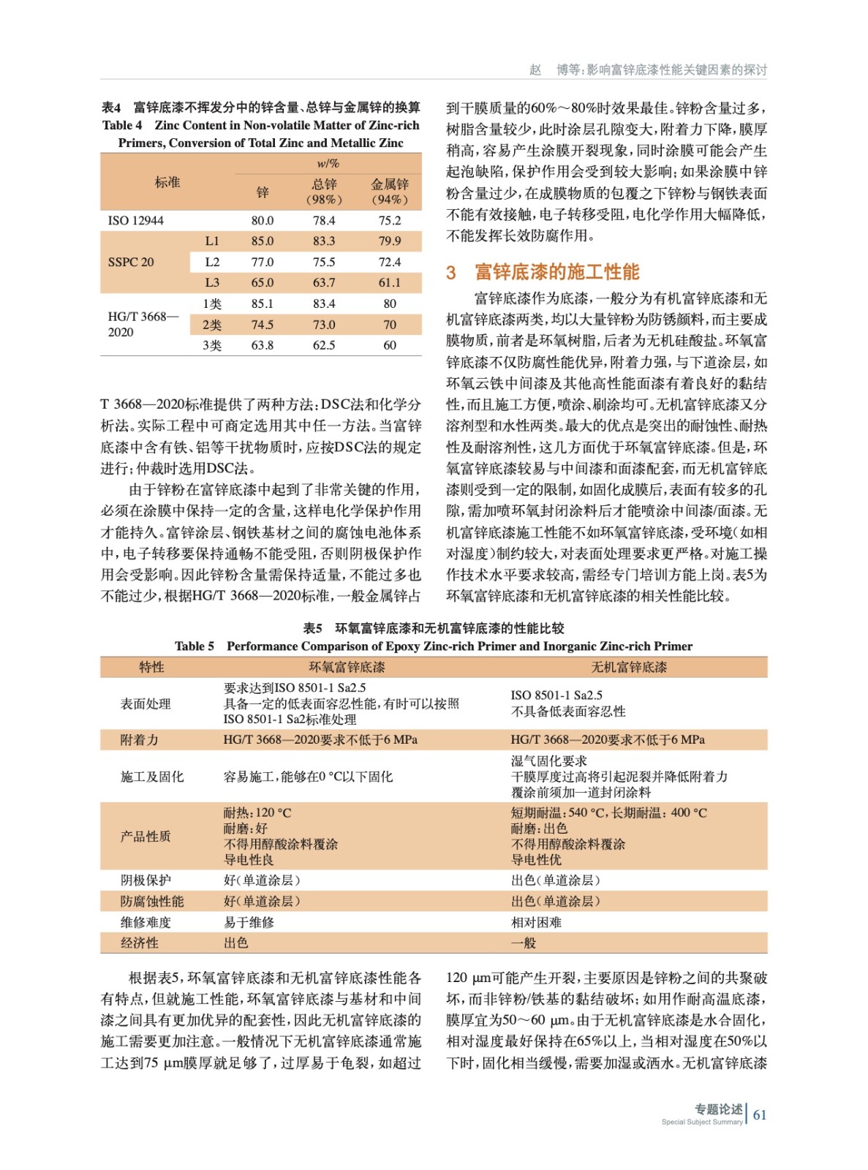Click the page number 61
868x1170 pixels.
760,1114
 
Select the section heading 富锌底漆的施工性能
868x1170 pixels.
556,272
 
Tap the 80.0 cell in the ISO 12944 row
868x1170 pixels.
263,220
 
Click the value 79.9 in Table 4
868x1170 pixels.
389,241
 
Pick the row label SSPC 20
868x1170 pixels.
131,262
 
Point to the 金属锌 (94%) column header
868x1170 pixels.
389,191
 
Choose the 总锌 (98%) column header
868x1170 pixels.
324,191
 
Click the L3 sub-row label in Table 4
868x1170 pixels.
212,282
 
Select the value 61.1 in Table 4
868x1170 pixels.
389,282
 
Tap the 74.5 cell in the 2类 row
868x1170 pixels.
263,325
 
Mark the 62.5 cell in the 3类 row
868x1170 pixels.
324,345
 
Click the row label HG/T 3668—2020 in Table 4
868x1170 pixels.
142,324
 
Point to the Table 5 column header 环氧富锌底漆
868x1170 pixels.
347,667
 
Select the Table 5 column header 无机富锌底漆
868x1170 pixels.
629,667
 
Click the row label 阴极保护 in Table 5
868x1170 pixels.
146,880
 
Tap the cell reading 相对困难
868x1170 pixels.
536,922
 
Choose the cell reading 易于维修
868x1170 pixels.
249,922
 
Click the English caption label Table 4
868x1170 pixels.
122,125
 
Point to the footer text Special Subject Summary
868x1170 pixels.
701,1122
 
